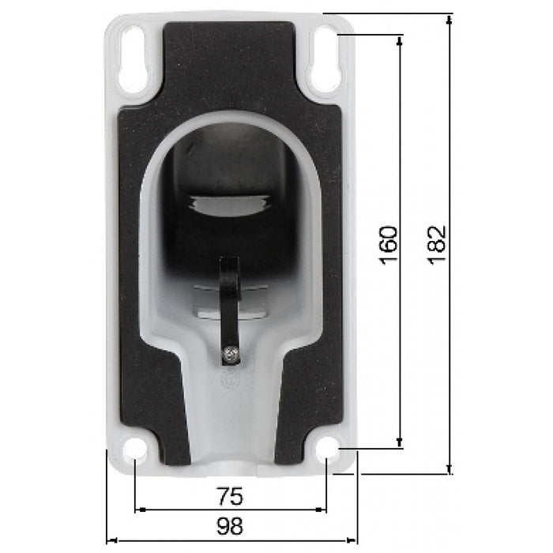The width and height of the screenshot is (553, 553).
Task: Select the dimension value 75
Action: (229, 497)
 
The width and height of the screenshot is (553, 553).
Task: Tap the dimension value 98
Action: (229, 525)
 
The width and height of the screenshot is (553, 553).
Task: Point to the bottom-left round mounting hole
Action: (136, 448)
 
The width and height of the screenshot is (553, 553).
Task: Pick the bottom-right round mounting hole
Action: (325, 449)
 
